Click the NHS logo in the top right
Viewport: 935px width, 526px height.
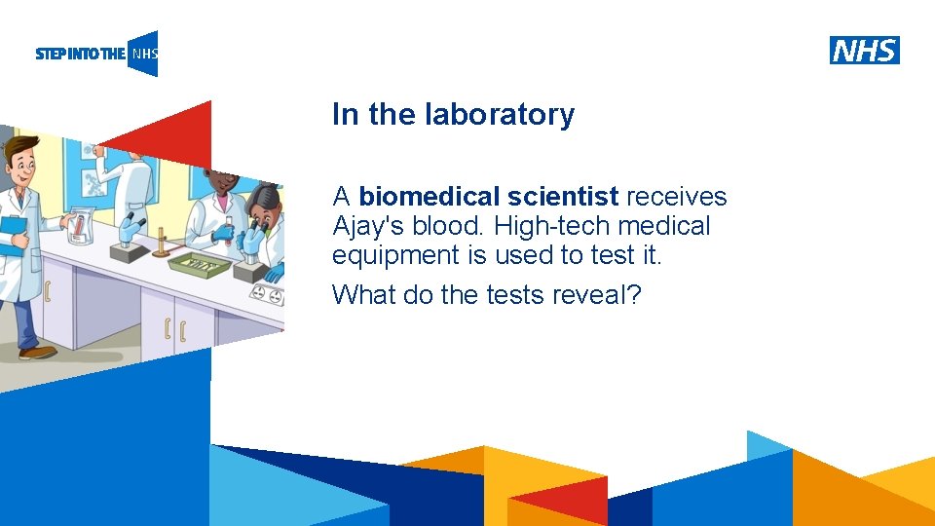(x=864, y=51)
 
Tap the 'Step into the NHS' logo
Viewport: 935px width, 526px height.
(x=95, y=54)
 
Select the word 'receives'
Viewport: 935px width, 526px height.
(x=677, y=197)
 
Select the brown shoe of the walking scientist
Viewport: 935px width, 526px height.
(x=37, y=352)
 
